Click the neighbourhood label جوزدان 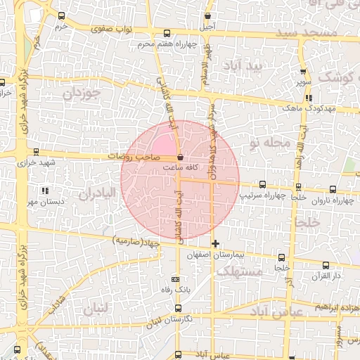tap(82, 92)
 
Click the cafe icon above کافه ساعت tap(181, 157)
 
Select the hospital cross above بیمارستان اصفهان tap(215, 243)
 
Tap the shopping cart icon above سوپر tap(303, 72)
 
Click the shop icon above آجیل tap(207, 15)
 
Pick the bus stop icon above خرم tap(61, 15)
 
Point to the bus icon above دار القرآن tap(325, 265)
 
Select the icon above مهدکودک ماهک tap(309, 98)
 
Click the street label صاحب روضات tap(138, 157)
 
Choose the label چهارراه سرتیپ tap(264, 194)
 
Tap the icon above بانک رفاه tap(175, 279)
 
